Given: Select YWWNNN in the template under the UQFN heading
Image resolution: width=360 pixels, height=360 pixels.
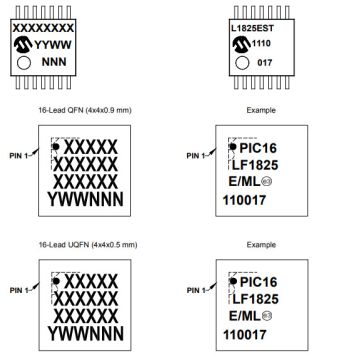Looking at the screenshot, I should click(83, 331).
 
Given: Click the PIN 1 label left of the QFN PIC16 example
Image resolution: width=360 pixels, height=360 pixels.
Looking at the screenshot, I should click(199, 155).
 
